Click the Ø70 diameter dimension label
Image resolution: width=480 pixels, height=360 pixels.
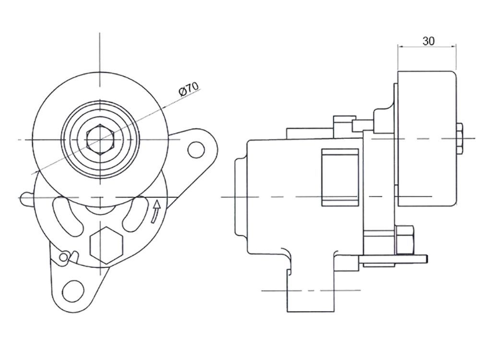point(189,89)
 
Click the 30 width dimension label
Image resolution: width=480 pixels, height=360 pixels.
point(428,41)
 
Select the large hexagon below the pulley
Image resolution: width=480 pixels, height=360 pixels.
point(107,245)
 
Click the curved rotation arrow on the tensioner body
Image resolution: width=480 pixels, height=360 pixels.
point(156,211)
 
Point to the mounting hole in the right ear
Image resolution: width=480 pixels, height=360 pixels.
point(196,149)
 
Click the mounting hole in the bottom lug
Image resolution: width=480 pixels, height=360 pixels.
point(73,290)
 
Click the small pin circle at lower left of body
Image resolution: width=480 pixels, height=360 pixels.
point(63,257)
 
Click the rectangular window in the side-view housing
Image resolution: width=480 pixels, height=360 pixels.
point(340,177)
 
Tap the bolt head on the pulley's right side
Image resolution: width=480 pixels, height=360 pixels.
point(459,138)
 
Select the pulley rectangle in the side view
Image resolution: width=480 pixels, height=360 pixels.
point(427,139)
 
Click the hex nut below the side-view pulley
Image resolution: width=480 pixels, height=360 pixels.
point(405,240)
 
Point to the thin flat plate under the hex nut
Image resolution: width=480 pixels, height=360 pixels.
point(393,259)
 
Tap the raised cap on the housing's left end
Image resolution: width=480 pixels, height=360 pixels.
point(241,197)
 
